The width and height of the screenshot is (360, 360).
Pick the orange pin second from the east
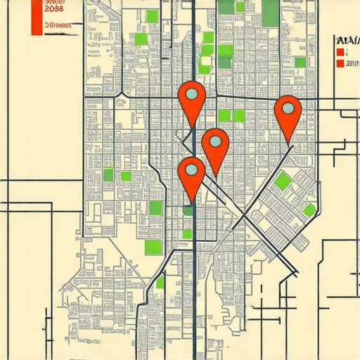point(215,144)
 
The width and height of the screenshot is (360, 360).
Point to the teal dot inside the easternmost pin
point(288,108)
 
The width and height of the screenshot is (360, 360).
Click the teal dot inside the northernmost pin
point(191,94)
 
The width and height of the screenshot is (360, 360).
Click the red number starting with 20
point(53,8)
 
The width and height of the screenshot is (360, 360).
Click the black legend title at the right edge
point(348,40)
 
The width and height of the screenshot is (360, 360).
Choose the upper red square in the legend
point(341,51)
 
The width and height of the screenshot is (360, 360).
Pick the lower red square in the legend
point(341,63)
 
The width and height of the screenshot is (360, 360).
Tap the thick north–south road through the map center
point(193,281)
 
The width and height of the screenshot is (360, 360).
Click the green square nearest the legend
point(300,63)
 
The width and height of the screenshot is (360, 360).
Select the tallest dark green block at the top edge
point(270,11)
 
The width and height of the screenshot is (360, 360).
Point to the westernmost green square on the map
point(108,174)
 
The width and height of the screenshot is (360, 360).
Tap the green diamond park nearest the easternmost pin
point(283,181)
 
